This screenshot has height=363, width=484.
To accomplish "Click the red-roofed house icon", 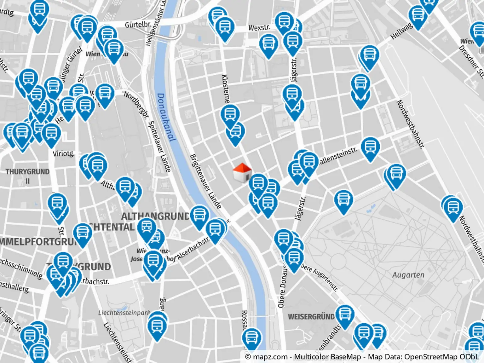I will (242, 173).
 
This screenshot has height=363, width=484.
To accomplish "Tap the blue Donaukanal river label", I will (165, 117).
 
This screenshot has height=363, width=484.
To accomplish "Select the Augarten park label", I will (408, 275).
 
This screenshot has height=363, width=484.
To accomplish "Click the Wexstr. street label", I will (259, 28).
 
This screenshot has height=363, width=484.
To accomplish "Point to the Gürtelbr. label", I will (138, 25).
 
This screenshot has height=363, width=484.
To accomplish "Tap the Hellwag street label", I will (401, 31).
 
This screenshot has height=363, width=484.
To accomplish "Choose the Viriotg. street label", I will (64, 153).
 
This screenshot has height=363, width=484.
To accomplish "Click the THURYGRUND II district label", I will (28, 176).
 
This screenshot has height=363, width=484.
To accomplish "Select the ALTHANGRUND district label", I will (155, 216).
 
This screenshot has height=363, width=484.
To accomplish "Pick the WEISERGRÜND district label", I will (311, 317).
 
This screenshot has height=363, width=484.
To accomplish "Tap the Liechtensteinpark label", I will (124, 313).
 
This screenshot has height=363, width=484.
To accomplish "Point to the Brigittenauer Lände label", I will (205, 181).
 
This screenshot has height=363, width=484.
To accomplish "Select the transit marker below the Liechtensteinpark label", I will (157, 326).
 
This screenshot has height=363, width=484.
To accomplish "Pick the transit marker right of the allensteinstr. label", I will (370, 147).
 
